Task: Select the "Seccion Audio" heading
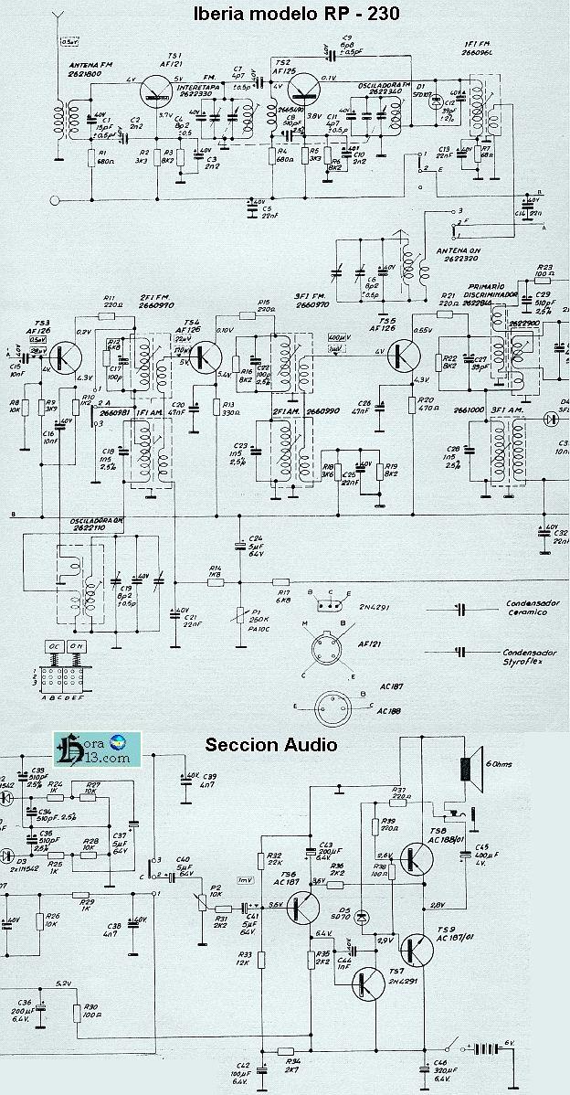[x=270, y=744]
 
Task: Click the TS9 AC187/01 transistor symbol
[x=420, y=947]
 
